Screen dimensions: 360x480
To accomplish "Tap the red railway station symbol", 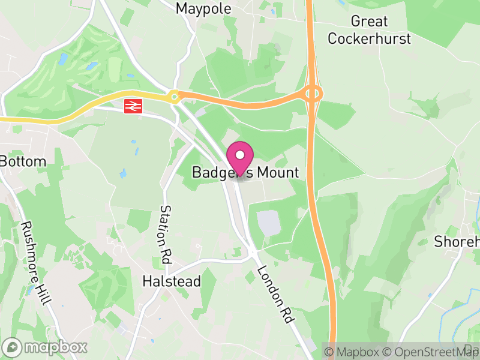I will (132, 106).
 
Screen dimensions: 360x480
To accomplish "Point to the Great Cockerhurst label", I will (370, 30).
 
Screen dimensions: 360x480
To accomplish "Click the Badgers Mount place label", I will (245, 173).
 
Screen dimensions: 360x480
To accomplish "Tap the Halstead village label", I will (171, 281).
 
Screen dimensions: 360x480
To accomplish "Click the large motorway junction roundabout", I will (313, 94).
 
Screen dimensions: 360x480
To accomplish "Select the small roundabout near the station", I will (174, 95).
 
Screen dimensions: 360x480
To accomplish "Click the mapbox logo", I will (46, 347).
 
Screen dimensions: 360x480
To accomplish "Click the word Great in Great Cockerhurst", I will (370, 22).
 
